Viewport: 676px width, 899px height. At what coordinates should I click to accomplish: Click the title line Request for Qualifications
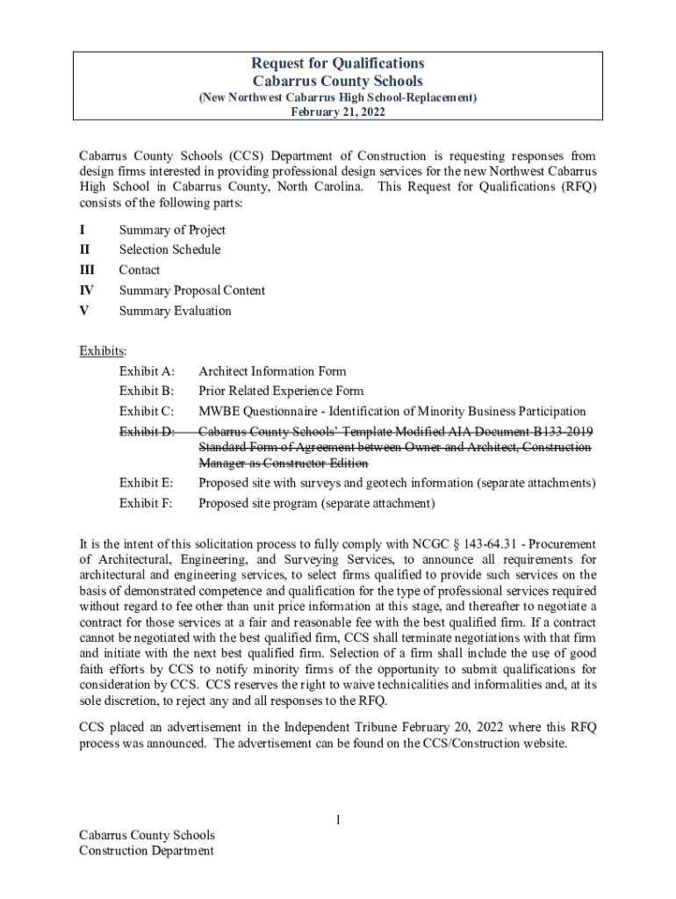tap(338, 63)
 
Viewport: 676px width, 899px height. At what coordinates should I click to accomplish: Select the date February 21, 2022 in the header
tap(338, 112)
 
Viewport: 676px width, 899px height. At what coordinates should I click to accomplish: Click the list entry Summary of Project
tap(172, 230)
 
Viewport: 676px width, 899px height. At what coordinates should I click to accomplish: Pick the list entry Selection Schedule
tap(169, 249)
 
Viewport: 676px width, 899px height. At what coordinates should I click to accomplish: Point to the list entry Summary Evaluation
tap(175, 311)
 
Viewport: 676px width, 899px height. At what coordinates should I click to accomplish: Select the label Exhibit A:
tap(147, 371)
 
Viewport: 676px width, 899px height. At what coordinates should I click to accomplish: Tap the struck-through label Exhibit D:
tap(147, 431)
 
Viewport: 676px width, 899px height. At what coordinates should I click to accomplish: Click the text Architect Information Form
tap(272, 371)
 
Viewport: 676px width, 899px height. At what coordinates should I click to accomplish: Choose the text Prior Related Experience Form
tap(281, 392)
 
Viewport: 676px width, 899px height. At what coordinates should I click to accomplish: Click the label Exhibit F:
tap(146, 503)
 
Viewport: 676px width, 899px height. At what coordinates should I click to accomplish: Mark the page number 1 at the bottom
tap(337, 820)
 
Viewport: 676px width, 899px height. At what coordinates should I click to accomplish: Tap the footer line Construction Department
tap(146, 850)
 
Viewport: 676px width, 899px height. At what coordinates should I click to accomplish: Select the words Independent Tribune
tap(340, 727)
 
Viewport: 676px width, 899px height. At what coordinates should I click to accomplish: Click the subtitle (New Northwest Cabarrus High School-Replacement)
tap(338, 97)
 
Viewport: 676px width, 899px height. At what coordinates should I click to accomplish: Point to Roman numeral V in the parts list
tap(83, 311)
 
